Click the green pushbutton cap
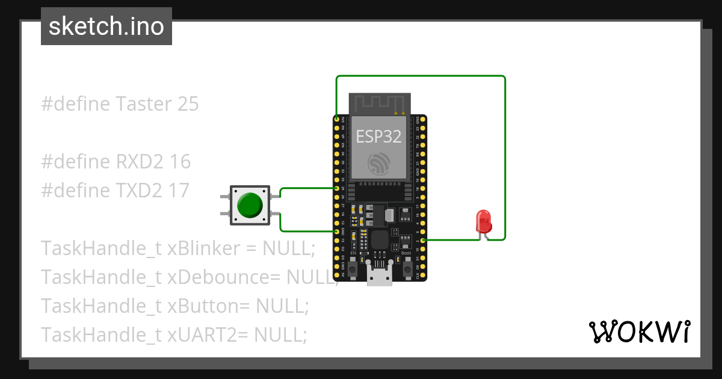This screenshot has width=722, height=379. click(250, 205)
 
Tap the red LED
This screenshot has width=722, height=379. click(483, 221)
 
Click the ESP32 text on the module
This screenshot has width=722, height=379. click(378, 137)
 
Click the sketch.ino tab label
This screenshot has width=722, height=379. click(106, 26)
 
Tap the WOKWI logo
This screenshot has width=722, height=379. click(638, 331)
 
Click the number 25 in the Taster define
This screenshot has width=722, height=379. click(188, 104)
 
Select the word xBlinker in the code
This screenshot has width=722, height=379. click(202, 248)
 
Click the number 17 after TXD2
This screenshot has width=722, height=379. click(179, 190)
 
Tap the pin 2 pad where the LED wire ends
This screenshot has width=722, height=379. click(423, 239)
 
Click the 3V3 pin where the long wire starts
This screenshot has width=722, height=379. click(336, 120)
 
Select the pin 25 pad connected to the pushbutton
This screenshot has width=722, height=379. click(336, 188)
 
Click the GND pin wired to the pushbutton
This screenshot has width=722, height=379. click(336, 231)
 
